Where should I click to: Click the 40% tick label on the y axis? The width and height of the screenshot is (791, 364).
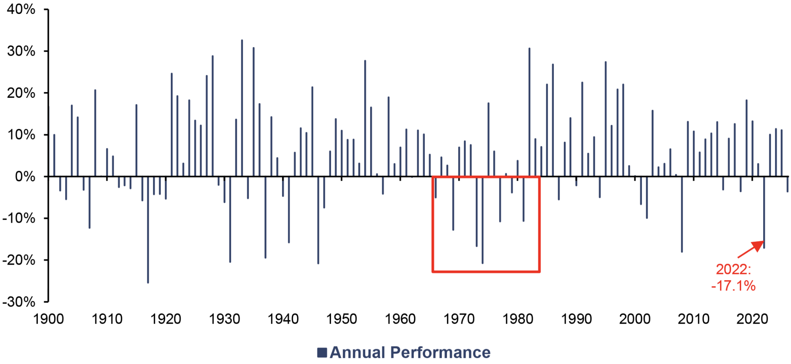[x=21, y=10]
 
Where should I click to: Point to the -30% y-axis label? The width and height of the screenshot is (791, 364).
[x=19, y=302]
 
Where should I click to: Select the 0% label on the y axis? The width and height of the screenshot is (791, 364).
[x=25, y=177]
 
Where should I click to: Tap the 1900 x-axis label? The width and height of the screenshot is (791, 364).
[x=49, y=319]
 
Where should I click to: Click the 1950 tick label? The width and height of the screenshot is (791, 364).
[x=342, y=319]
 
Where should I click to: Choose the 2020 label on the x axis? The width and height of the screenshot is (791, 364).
[x=752, y=319]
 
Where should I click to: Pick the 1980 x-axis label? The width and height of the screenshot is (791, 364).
[x=517, y=319]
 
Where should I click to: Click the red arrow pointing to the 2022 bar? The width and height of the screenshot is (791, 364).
[x=751, y=249]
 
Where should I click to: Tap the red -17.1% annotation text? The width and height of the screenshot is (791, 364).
[x=733, y=286]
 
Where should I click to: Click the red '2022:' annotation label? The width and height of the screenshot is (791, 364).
[x=733, y=269]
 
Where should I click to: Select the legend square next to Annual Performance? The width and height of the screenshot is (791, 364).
[x=322, y=353]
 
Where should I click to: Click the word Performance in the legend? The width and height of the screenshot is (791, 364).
[x=440, y=353]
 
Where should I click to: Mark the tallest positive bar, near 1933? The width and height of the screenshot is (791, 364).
[x=242, y=108]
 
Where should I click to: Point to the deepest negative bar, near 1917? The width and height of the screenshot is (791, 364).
[x=148, y=230]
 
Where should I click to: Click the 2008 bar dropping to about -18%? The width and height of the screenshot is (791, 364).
[x=682, y=214]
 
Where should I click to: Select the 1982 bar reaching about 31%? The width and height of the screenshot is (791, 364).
[x=529, y=112]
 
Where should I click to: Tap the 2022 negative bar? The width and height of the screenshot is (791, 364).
[x=764, y=213]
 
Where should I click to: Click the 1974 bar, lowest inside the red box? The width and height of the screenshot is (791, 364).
[x=483, y=220]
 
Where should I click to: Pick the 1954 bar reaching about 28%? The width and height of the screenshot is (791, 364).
[x=365, y=118]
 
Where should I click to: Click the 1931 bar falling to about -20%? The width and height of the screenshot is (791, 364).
[x=230, y=219]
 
